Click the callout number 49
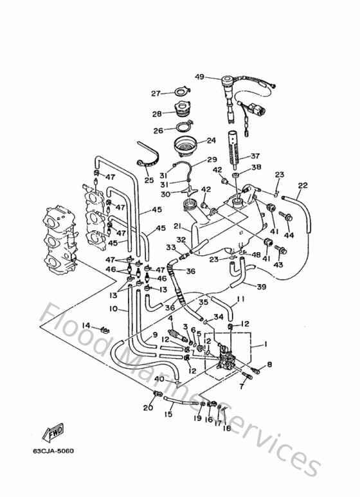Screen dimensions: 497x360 point(199,77)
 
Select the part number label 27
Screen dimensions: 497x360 point(155,93)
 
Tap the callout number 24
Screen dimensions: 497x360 point(210,140)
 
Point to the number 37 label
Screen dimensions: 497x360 point(255,156)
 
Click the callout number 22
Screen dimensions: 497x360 point(302,186)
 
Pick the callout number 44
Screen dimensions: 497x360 point(289,235)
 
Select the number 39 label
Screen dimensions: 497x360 point(262,286)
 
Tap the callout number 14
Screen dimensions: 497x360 point(85,325)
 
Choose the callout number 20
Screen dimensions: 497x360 point(147,408)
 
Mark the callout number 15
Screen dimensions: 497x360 point(168,415)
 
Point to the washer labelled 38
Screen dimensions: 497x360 point(237,175)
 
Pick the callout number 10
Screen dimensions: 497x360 point(113,309)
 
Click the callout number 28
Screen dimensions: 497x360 point(155,113)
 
